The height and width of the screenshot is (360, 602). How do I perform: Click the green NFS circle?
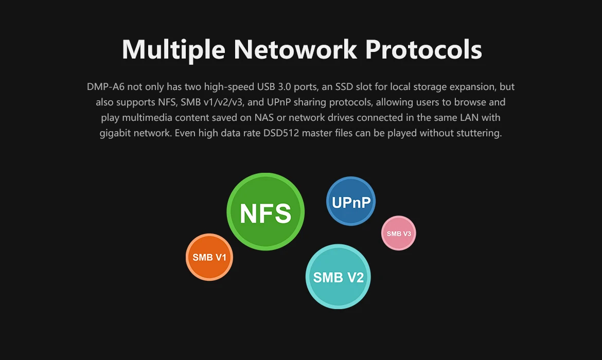(265, 212)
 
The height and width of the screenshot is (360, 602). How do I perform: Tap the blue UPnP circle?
(351, 201)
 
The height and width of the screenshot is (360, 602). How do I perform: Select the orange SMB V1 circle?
(209, 257)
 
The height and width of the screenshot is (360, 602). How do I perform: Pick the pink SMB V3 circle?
(399, 233)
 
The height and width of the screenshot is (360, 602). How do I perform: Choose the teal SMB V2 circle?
(338, 276)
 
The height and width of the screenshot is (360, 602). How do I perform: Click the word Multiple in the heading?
(173, 50)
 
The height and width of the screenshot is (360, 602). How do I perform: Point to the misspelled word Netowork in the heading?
(295, 49)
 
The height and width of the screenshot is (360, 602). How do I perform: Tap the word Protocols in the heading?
(423, 49)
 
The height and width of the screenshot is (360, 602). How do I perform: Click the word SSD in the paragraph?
(344, 87)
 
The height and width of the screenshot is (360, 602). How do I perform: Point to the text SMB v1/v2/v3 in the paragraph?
(211, 102)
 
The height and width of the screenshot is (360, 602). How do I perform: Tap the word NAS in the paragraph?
(264, 117)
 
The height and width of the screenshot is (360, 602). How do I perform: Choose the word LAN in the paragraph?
(469, 117)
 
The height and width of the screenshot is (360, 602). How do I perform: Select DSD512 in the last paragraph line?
(281, 133)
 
